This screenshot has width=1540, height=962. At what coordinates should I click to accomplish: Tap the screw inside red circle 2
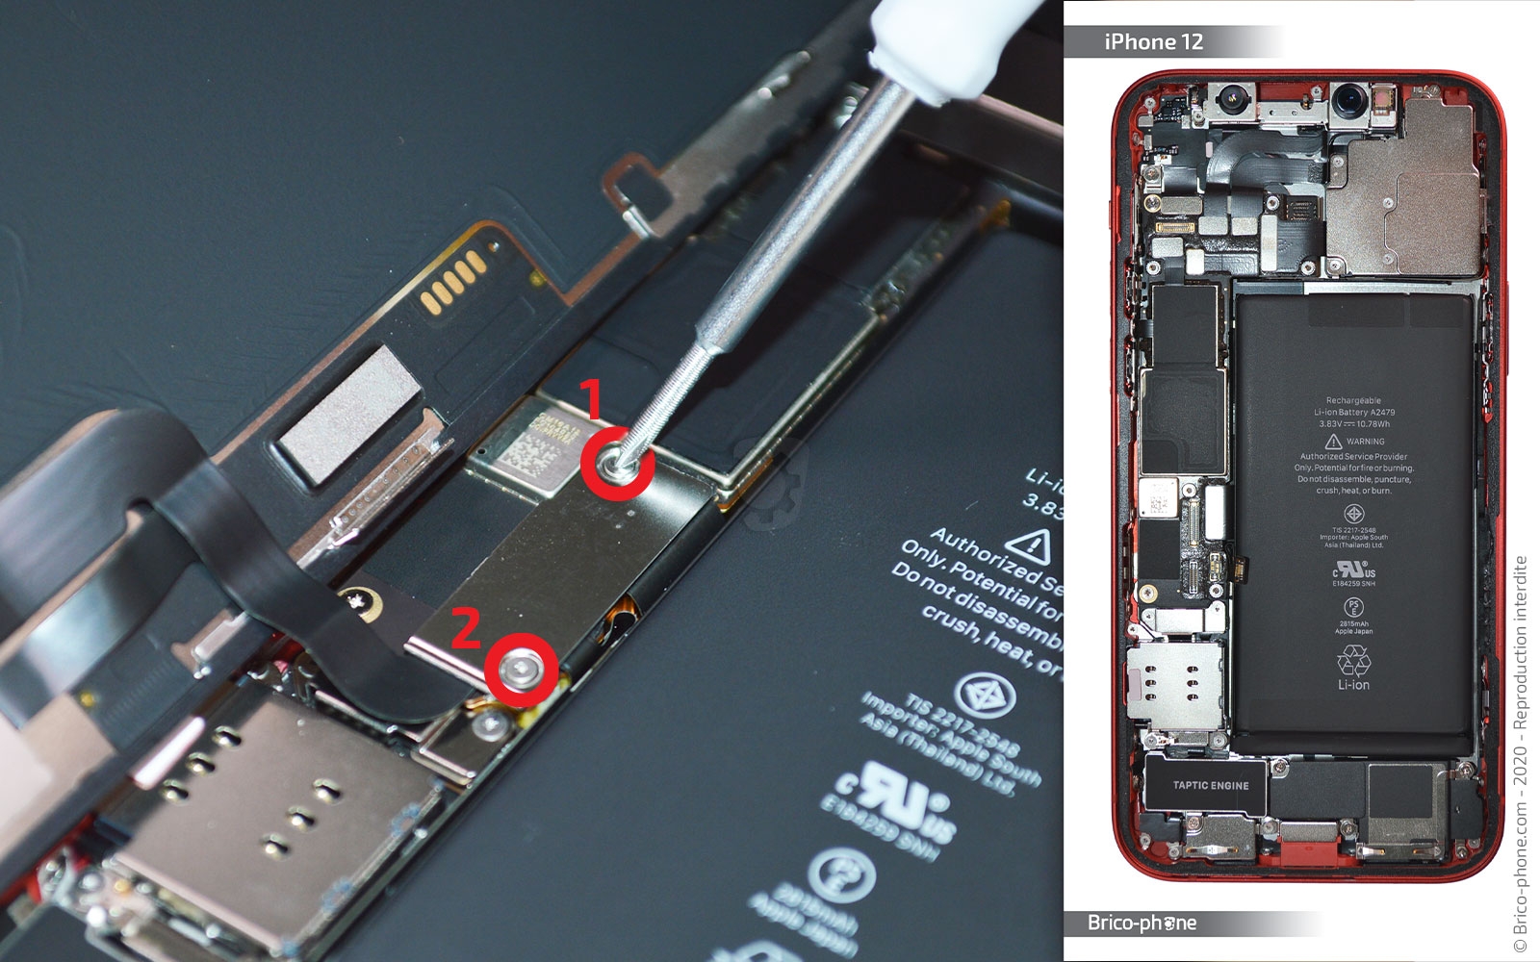pyautogui.click(x=522, y=667)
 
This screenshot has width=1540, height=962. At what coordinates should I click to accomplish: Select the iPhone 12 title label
pyautogui.click(x=1153, y=41)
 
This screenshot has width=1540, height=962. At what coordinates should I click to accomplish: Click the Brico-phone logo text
pyautogui.click(x=1142, y=923)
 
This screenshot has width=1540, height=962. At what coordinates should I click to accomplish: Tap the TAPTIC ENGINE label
pyautogui.click(x=1210, y=785)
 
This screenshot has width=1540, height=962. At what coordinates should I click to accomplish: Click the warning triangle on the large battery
pyautogui.click(x=1034, y=545)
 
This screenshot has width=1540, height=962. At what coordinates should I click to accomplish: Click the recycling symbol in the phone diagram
pyautogui.click(x=1353, y=660)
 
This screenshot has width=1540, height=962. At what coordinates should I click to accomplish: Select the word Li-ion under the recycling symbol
pyautogui.click(x=1353, y=685)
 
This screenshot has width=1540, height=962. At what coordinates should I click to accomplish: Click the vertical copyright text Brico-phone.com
pyautogui.click(x=1520, y=750)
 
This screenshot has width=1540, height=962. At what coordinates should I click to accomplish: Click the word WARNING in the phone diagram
pyautogui.click(x=1365, y=442)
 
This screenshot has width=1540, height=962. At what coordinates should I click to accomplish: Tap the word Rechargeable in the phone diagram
pyautogui.click(x=1353, y=400)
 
